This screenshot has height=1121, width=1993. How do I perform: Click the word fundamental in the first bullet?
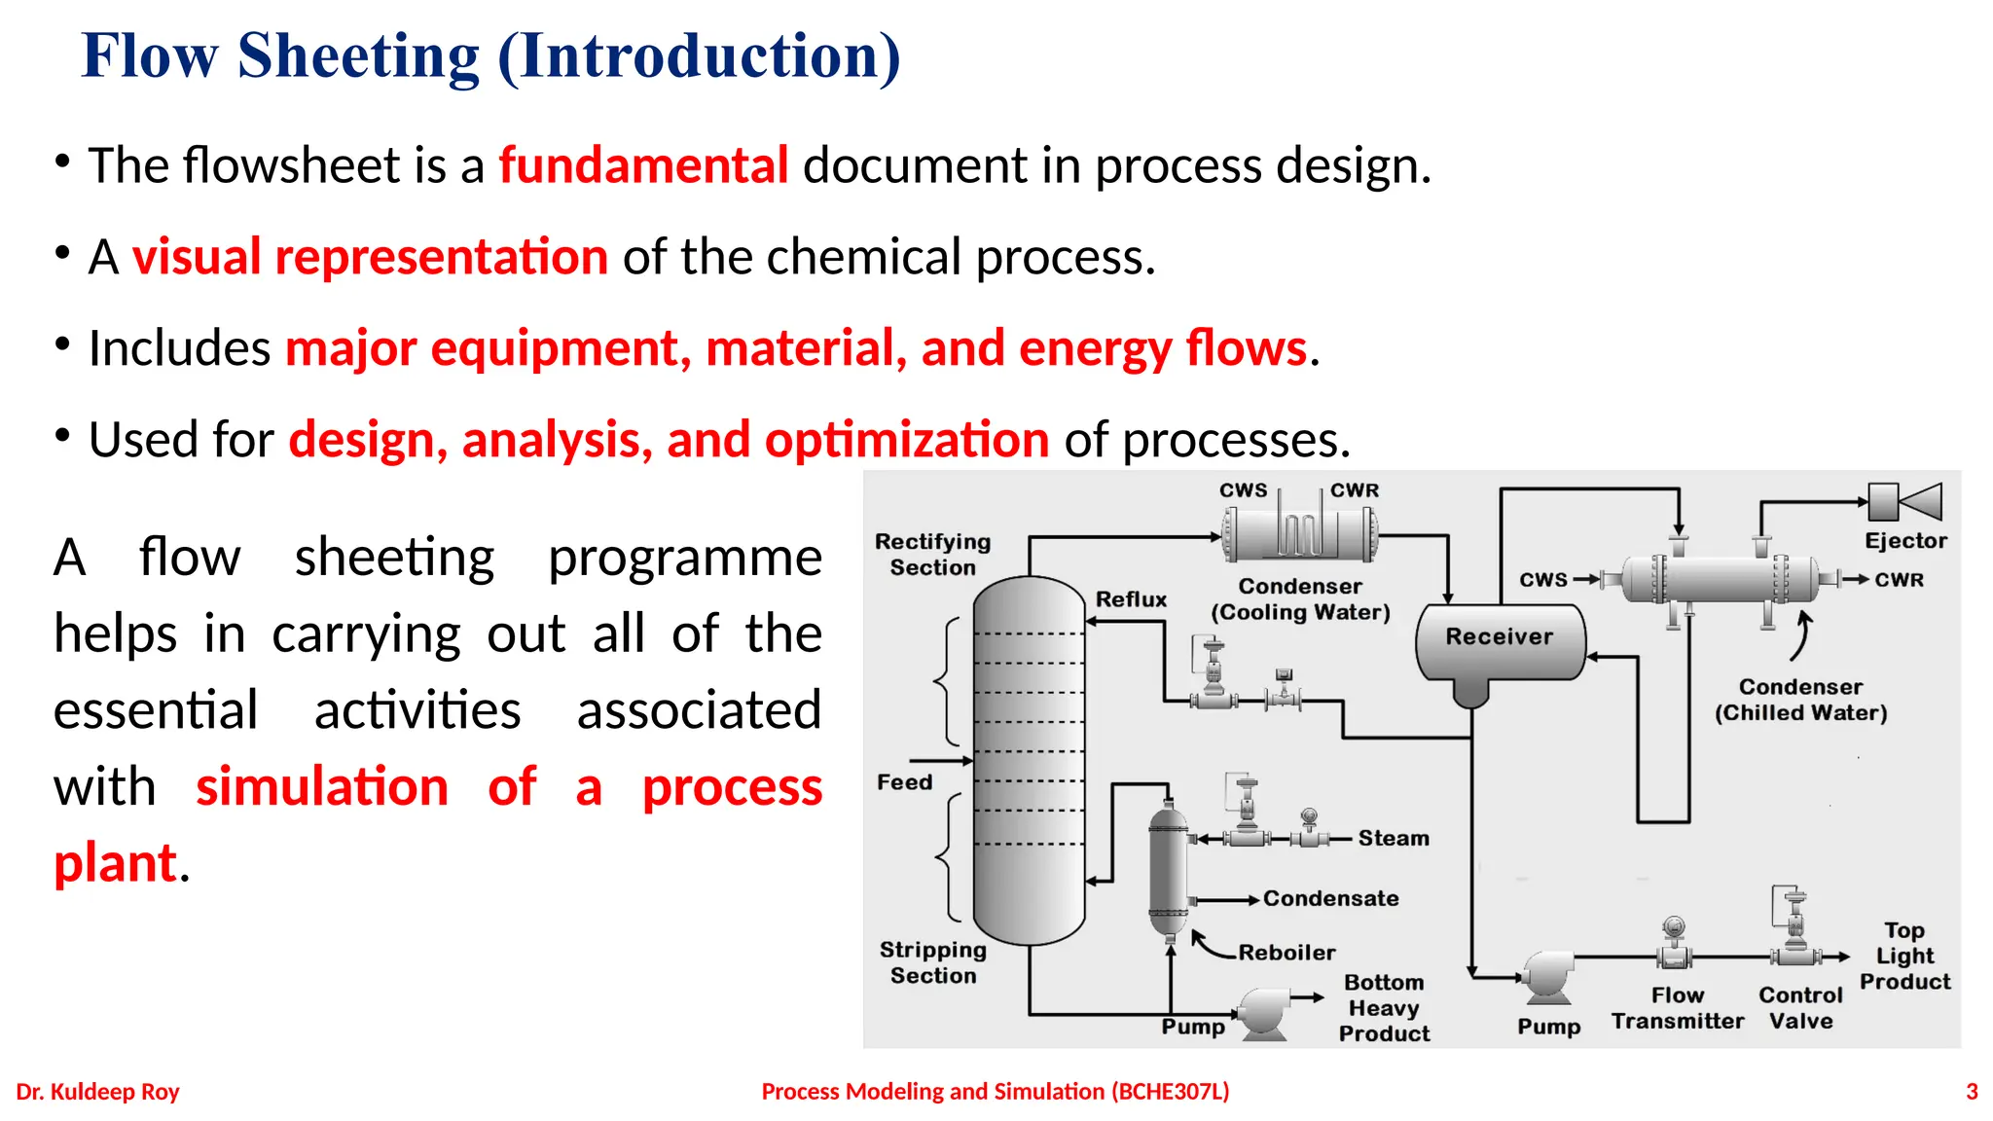point(643,165)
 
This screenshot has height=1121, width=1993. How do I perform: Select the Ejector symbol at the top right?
point(1904,502)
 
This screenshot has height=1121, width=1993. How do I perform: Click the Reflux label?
point(1131,599)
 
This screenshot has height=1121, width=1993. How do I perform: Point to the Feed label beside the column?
point(904,782)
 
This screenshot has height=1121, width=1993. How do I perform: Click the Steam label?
point(1394,838)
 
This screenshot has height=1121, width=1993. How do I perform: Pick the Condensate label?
point(1330,899)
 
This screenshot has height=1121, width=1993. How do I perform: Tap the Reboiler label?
point(1286,953)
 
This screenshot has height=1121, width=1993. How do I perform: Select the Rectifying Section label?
point(932,555)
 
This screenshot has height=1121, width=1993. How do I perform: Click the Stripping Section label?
point(932,962)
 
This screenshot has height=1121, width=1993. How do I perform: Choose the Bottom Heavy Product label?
point(1384,1008)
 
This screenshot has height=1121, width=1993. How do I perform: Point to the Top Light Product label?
point(1904,956)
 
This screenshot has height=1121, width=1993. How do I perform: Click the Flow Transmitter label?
point(1677,1008)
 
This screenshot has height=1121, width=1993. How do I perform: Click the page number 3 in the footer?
point(1972,1092)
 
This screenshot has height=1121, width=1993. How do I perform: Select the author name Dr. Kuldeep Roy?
point(97,1092)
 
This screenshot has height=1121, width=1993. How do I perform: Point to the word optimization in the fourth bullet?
point(907,440)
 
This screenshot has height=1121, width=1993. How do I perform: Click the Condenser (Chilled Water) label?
point(1800,701)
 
